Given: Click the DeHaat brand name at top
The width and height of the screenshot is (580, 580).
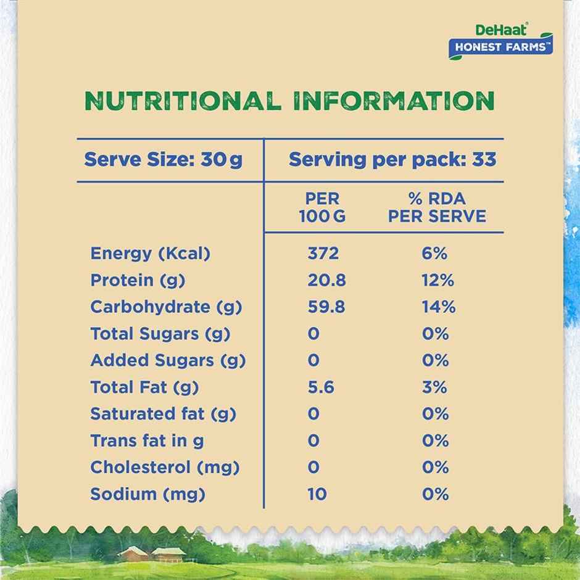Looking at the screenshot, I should pos(511,29).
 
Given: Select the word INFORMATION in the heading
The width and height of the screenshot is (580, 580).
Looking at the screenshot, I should pos(394,101).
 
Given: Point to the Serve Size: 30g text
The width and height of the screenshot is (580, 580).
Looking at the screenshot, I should pos(163,160).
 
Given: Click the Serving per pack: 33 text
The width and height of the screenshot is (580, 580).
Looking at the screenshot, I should pos(392,160).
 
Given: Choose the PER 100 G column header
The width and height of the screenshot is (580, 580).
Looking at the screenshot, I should pos(323,207).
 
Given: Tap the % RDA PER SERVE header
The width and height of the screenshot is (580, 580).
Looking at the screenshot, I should pos(437,207).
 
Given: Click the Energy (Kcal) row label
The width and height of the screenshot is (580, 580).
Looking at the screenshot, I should pos(151,254).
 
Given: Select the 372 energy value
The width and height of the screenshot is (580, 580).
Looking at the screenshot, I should pos(323,254).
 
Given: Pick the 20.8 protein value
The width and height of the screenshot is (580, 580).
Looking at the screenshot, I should pos(326,280).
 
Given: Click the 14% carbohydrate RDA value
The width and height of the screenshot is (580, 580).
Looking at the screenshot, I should pos(438,307).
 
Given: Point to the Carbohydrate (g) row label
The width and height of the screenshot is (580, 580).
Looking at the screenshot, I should pos(166,307).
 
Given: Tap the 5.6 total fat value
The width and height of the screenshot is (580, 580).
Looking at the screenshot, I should pos(320,387).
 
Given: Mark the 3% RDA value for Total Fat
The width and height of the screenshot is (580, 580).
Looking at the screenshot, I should pos(435,387).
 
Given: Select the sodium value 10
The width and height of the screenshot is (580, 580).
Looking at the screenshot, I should pos(317,494).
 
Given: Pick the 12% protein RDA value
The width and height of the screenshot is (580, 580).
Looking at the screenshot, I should pos(437,280).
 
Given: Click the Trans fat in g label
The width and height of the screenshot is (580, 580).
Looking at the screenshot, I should pos(147,441).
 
